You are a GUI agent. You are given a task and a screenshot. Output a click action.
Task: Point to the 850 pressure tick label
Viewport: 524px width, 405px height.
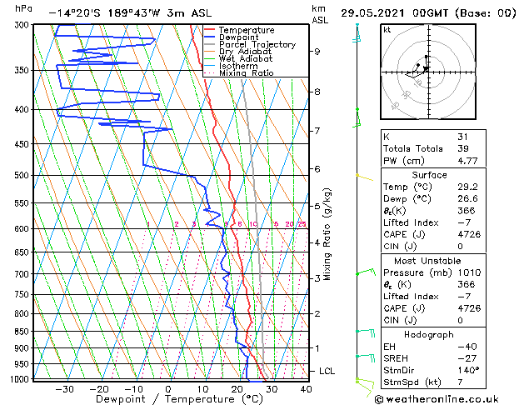pos(23,332)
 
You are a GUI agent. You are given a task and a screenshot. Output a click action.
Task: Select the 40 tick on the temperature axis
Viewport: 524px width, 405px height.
pos(306,388)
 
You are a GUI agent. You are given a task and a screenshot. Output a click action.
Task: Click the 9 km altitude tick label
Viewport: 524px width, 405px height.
pos(317,52)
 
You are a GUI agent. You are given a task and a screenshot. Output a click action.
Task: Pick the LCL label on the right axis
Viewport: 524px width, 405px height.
pos(327,371)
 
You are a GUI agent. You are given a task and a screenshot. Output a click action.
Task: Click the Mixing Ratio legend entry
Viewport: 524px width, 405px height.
pos(246,73)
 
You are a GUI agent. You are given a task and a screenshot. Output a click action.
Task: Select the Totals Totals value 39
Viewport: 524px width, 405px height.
pos(463,148)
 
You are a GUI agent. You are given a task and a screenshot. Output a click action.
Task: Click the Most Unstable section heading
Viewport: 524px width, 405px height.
pos(430,260)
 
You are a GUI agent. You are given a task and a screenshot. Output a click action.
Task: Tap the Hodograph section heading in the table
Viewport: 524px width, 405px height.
pos(430,334)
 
